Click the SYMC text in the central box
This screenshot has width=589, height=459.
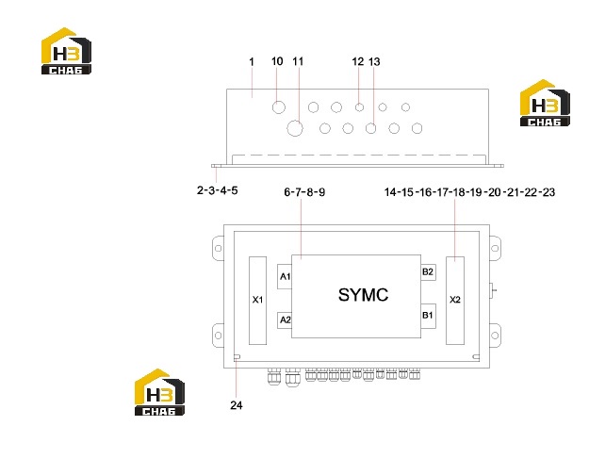(x=363, y=295)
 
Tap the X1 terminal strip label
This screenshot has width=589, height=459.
(x=257, y=300)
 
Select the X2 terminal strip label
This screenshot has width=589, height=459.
(x=455, y=300)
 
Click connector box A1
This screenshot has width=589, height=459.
(x=285, y=276)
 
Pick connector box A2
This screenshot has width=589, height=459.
(x=285, y=320)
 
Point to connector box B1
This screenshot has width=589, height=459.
(x=428, y=316)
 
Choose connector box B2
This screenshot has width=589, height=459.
(x=428, y=272)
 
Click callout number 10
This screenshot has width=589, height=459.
(x=277, y=61)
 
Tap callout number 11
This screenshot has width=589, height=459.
(x=298, y=61)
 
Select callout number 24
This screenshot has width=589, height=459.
(x=237, y=405)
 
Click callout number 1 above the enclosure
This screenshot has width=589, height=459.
(x=252, y=62)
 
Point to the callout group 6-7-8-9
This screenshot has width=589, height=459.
(x=304, y=192)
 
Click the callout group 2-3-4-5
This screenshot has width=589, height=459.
(x=217, y=190)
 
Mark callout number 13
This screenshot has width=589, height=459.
(x=374, y=61)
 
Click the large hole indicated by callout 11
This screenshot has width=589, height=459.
(x=295, y=128)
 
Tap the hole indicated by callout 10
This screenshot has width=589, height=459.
(x=279, y=107)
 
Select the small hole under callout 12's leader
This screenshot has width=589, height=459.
(x=359, y=107)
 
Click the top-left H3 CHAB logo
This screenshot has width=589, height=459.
(x=66, y=51)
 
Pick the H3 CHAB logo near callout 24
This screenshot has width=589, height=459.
(x=159, y=392)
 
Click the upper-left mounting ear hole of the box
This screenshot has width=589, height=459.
(x=218, y=248)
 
